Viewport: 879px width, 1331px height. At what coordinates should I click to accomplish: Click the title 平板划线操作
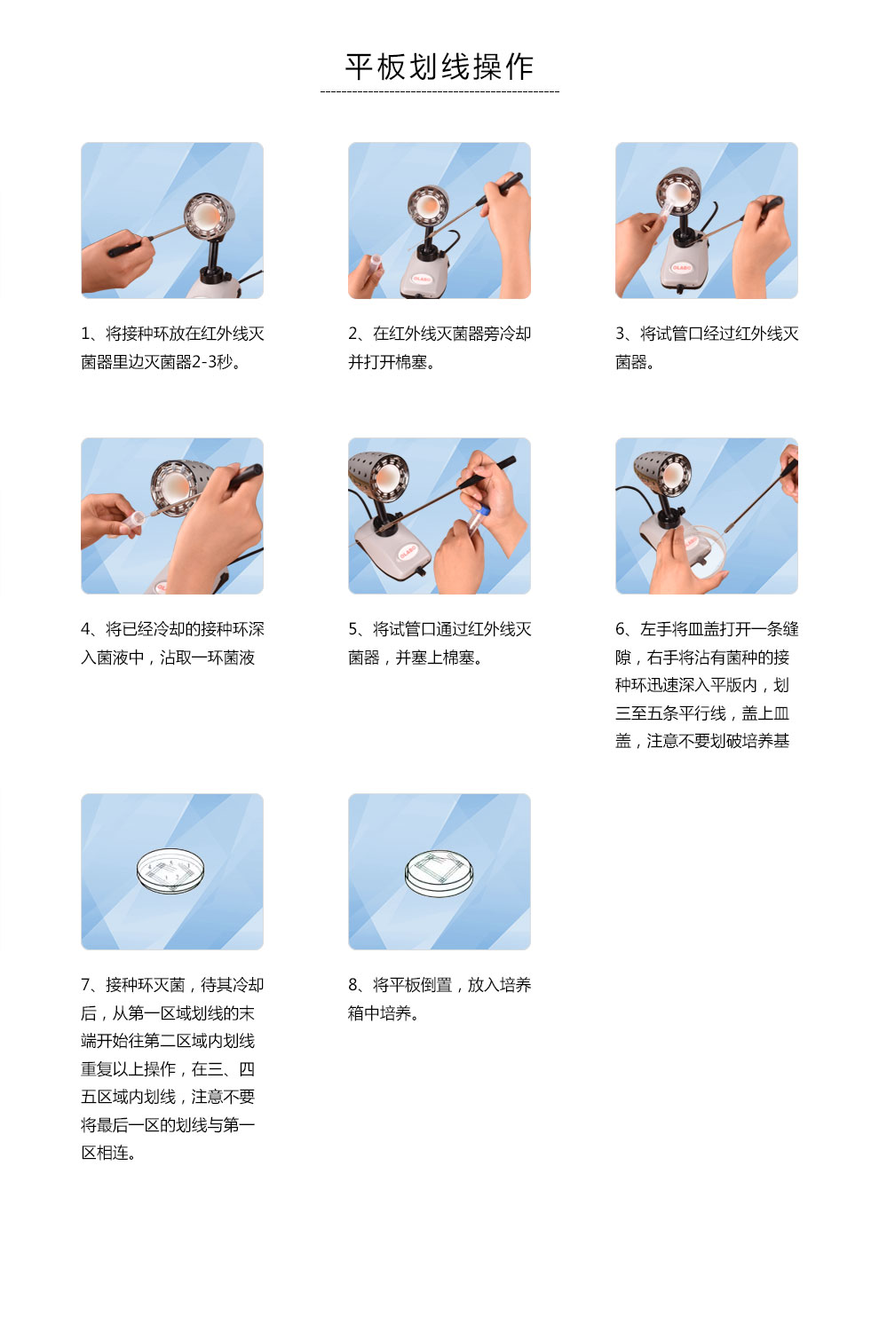point(439,67)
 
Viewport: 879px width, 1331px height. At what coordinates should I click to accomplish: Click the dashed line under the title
point(439,92)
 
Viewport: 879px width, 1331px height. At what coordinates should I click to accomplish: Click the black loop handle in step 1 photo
point(126,248)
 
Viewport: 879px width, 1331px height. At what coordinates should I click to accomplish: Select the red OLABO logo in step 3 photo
point(681,268)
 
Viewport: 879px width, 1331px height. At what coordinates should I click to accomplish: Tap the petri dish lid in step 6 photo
point(706,549)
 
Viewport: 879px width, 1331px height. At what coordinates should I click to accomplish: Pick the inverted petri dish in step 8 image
point(439,873)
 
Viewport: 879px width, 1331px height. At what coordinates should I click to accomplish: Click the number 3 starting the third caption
point(620,334)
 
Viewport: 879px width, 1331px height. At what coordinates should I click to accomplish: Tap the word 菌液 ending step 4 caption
point(239,658)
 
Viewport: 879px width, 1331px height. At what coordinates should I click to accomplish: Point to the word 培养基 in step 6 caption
point(765,741)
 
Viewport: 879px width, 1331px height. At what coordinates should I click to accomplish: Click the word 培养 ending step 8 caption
point(395,1013)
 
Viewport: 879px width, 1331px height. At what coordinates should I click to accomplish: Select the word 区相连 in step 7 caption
point(105,1154)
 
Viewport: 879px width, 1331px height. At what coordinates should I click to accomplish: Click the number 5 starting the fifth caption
point(352,629)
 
